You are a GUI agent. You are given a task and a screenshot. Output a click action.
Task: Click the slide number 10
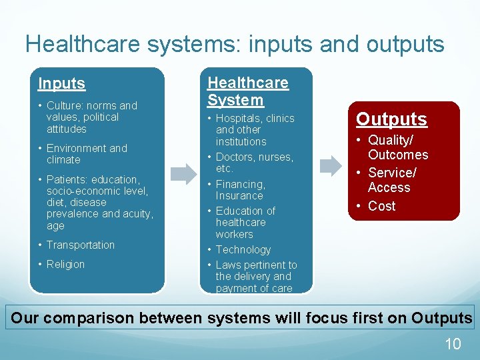(453, 344)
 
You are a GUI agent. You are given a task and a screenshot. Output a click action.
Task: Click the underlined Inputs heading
(61, 84)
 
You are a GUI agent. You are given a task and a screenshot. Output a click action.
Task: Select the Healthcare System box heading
(247, 92)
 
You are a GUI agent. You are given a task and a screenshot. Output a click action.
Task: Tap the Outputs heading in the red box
(391, 119)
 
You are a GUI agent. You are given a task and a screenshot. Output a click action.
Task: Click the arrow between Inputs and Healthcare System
(183, 174)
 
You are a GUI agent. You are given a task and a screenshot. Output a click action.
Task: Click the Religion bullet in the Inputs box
(65, 265)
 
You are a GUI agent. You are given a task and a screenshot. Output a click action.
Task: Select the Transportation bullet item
(80, 245)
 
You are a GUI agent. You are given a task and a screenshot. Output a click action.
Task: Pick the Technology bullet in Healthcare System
(243, 250)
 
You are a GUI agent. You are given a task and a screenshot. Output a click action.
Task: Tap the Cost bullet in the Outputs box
(381, 207)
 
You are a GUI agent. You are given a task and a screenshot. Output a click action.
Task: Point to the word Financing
(240, 185)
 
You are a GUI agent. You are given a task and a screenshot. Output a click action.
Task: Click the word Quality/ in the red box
(391, 141)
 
